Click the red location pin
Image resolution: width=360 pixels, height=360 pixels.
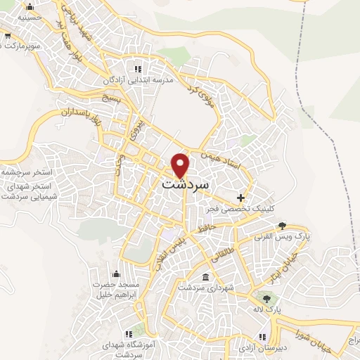pos(181,165)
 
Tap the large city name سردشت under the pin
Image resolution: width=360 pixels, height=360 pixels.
pos(186,184)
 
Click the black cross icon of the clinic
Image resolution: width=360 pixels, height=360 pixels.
pos(242,198)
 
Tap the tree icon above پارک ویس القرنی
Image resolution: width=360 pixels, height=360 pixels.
pos(282,226)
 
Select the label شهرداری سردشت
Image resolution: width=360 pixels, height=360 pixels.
pos(205,289)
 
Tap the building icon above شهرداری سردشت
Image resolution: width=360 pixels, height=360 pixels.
pos(205,278)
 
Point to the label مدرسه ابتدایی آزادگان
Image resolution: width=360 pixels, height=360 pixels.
pos(139,81)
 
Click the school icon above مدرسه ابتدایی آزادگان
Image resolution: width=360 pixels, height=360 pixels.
pos(139,69)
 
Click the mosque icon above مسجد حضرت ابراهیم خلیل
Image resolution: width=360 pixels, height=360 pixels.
pos(117,273)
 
